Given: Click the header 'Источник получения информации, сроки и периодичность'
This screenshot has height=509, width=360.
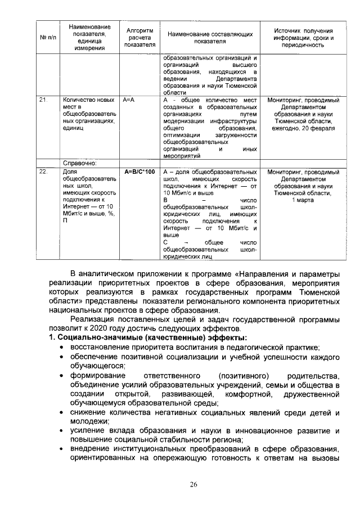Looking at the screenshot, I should coord(303,38).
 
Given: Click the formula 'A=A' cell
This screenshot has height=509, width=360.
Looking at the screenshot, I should coord(129,100).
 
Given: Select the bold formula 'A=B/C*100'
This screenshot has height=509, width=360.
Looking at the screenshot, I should coord(139,171).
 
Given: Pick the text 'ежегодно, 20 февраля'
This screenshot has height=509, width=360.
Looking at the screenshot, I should coord(303,128).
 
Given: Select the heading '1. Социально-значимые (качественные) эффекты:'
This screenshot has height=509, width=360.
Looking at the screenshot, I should coord(148,337).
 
